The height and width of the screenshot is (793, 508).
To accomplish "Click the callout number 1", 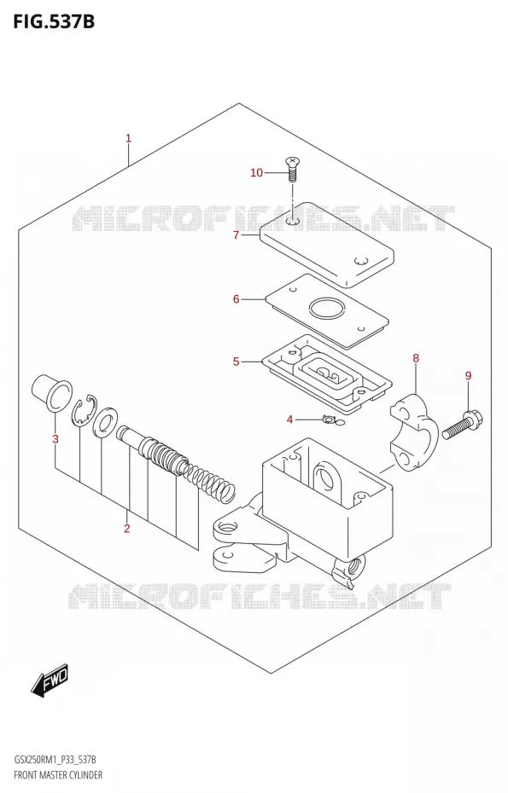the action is pos(129,138).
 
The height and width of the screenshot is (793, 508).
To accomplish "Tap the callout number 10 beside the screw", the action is pos(257,173).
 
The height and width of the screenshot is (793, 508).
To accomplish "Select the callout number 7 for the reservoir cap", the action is pos(236,235).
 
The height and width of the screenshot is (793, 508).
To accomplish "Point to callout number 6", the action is pos(236,299).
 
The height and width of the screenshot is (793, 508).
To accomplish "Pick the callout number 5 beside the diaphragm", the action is pos(236,362).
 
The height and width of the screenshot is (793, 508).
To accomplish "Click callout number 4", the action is pos(289,420).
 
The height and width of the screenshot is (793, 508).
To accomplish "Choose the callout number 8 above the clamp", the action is pos(416,359).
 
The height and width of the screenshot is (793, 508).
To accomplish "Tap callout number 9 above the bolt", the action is pos(468,375).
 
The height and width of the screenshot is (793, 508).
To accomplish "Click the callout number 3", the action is pos(55,439).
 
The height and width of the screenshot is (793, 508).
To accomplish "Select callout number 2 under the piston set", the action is pos(126,529).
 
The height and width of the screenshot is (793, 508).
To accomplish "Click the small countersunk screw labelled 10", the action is pos(292,170).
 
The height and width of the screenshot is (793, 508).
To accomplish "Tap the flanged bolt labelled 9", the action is pos(463,425).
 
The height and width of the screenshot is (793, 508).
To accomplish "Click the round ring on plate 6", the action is pos(327,309).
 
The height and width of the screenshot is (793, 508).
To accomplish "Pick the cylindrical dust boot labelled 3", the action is pos(50,392).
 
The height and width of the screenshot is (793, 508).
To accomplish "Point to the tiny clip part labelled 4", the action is pos(332,420).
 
